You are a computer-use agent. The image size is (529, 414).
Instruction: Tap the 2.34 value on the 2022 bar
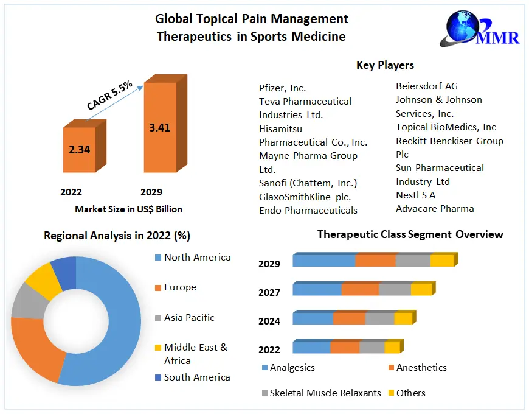[x=79, y=149]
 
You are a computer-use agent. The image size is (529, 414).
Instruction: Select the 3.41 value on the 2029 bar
[x=159, y=127]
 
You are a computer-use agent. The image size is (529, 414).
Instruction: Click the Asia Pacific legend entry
[x=189, y=318]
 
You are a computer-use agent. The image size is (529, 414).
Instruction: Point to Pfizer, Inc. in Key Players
[x=283, y=88]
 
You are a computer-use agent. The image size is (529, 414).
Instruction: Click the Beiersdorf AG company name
[x=427, y=86]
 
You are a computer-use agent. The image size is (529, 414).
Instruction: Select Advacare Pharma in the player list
[x=435, y=208]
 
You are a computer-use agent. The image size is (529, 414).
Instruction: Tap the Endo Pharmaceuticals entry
[x=308, y=210]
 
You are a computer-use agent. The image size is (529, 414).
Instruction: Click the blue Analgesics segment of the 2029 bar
[x=324, y=261]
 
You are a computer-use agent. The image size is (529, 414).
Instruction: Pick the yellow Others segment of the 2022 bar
[x=392, y=347]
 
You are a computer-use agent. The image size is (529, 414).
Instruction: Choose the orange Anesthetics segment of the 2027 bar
[x=360, y=289]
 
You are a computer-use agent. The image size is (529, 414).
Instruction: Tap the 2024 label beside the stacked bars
[x=269, y=321]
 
